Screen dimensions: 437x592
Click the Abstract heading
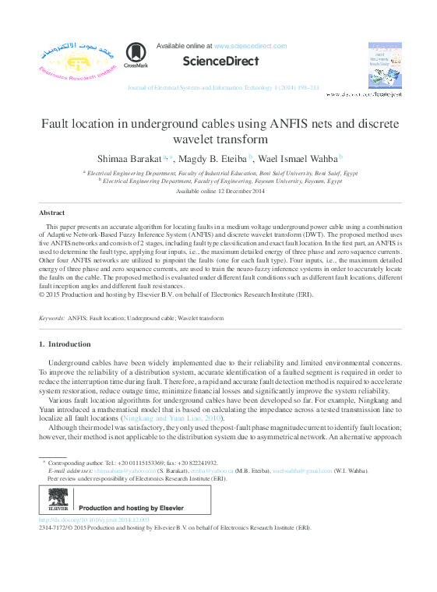click(52, 213)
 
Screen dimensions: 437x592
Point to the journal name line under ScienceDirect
click(223, 88)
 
